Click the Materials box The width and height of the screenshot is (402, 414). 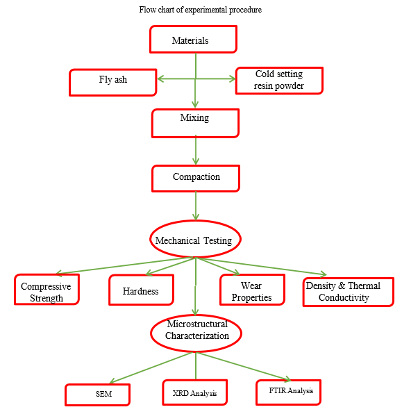pos(193,40)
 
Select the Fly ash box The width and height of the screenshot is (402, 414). pos(113,83)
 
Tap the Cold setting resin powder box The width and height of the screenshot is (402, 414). pos(279,81)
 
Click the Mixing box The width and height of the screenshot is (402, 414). pos(195,123)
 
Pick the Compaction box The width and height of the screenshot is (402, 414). pos(196,179)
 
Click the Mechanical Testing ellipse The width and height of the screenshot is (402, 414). pos(195,239)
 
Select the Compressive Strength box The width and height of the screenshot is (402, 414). pos(47,290)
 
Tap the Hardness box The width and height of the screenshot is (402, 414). pos(141,290)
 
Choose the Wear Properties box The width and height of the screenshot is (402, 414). pos(252,290)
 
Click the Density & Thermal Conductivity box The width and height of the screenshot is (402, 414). pos(348,292)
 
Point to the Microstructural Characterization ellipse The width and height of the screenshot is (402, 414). pos(196,333)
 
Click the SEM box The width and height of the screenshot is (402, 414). pos(98,395)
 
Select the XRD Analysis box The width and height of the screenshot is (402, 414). pos(195,392)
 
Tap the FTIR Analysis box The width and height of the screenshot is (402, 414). pos(289,392)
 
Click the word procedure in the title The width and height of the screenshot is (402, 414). pos(245,10)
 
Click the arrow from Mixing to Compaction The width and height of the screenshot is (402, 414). pos(196,150)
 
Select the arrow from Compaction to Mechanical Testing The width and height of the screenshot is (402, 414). pos(196,206)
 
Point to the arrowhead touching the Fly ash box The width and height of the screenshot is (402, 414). pos(160,78)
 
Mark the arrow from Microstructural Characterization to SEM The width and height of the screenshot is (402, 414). pos(152,367)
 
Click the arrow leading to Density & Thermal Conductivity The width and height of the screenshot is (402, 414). pos(261,267)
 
